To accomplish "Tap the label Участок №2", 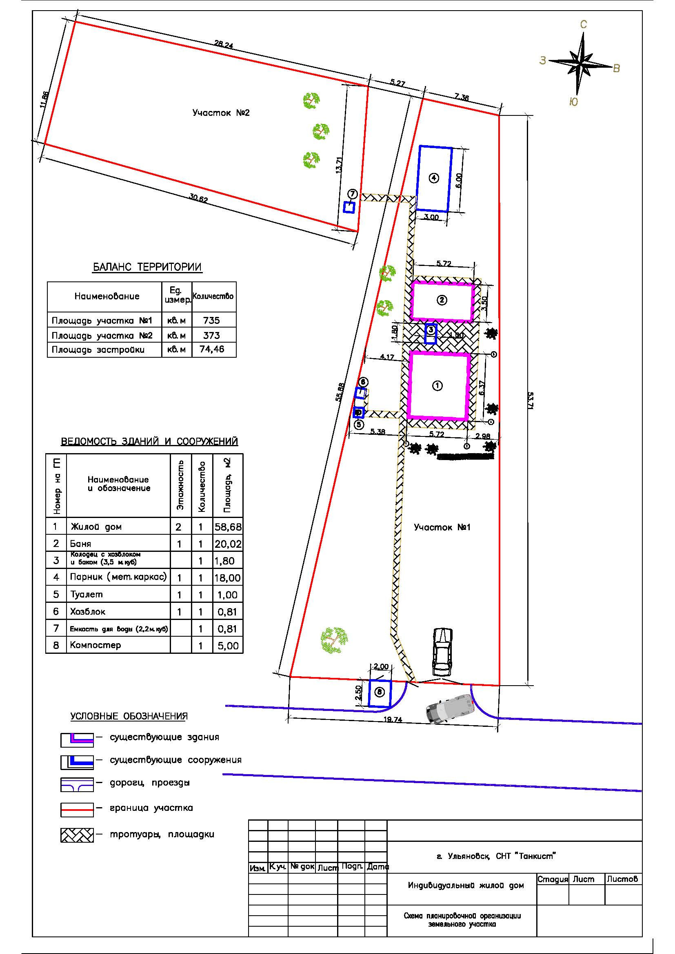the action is tap(221, 113).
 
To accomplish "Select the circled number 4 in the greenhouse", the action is tap(433, 178).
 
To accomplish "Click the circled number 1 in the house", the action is tap(437, 385).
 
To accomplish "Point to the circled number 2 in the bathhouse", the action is tap(442, 300).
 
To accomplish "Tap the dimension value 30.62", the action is tap(198, 199).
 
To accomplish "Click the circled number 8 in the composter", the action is tap(379, 692).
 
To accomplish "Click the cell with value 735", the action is tap(211, 320).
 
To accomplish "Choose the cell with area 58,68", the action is tap(228, 527).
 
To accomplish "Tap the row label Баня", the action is tap(81, 543).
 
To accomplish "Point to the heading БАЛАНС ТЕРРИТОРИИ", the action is tap(147, 267).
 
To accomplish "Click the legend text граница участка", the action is tap(151, 808).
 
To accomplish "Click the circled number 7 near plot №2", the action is tap(352, 194).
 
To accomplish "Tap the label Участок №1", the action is tap(442, 527).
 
